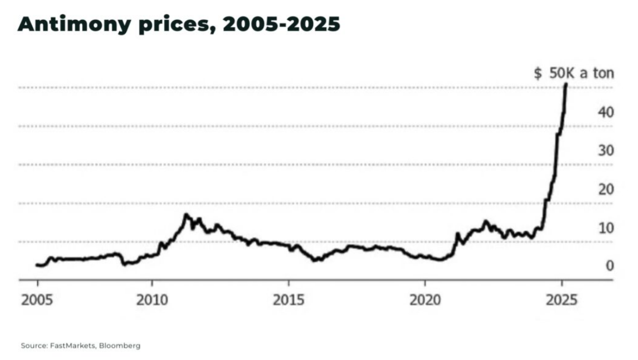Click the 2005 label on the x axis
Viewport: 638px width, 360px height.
pyautogui.click(x=37, y=301)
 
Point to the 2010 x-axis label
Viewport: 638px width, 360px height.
pyautogui.click(x=152, y=301)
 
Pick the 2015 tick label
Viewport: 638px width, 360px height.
pyautogui.click(x=289, y=301)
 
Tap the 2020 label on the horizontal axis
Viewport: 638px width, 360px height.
pyautogui.click(x=425, y=301)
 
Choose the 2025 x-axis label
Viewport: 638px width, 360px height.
pyautogui.click(x=562, y=301)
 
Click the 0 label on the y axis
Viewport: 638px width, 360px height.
pyautogui.click(x=610, y=266)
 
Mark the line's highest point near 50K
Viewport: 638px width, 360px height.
pyautogui.click(x=565, y=84)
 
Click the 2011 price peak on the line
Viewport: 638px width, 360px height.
pyautogui.click(x=186, y=215)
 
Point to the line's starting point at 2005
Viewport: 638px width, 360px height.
pyautogui.click(x=37, y=265)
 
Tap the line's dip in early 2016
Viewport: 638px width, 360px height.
pyautogui.click(x=315, y=259)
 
